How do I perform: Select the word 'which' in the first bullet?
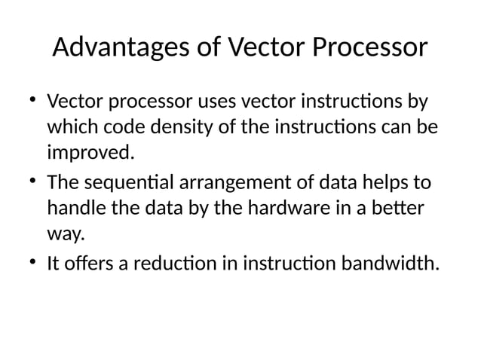click(x=70, y=127)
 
